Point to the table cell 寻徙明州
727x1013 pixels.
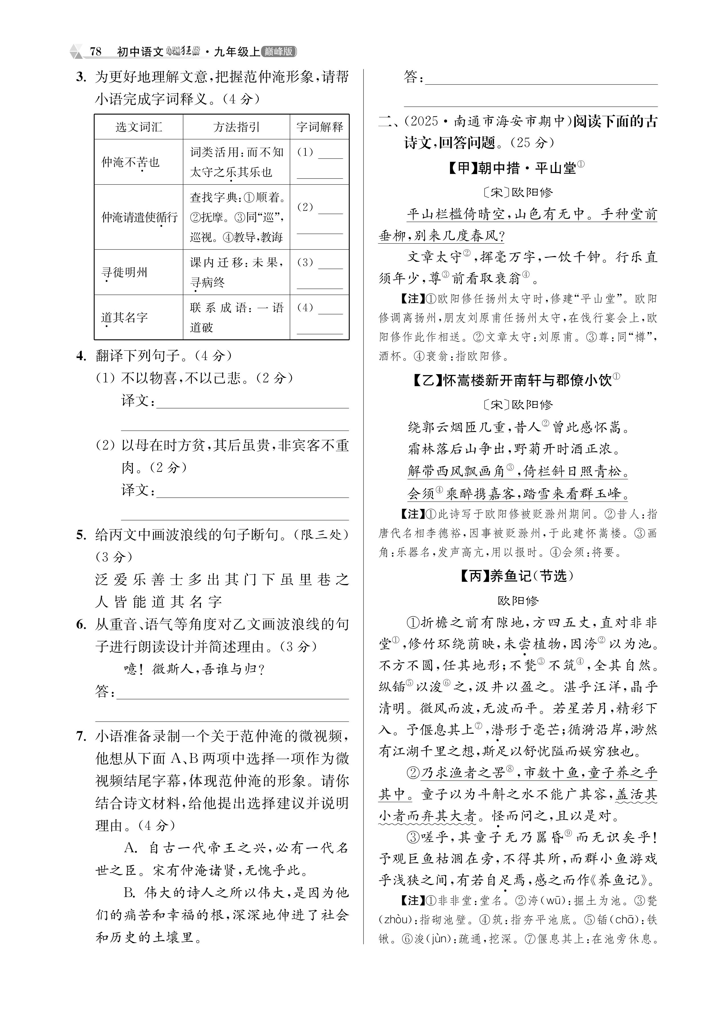pos(124,272)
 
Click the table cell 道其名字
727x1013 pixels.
pos(124,317)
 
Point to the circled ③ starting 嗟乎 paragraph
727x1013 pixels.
pos(413,837)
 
